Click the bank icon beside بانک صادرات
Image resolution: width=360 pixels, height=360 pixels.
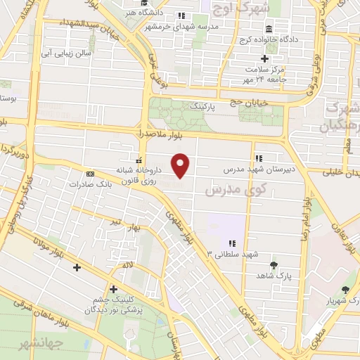point(89,174)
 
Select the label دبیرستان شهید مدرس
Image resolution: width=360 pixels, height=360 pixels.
point(251,169)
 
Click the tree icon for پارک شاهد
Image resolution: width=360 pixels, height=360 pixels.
point(273,265)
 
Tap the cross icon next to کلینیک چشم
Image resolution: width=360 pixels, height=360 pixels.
point(113,288)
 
